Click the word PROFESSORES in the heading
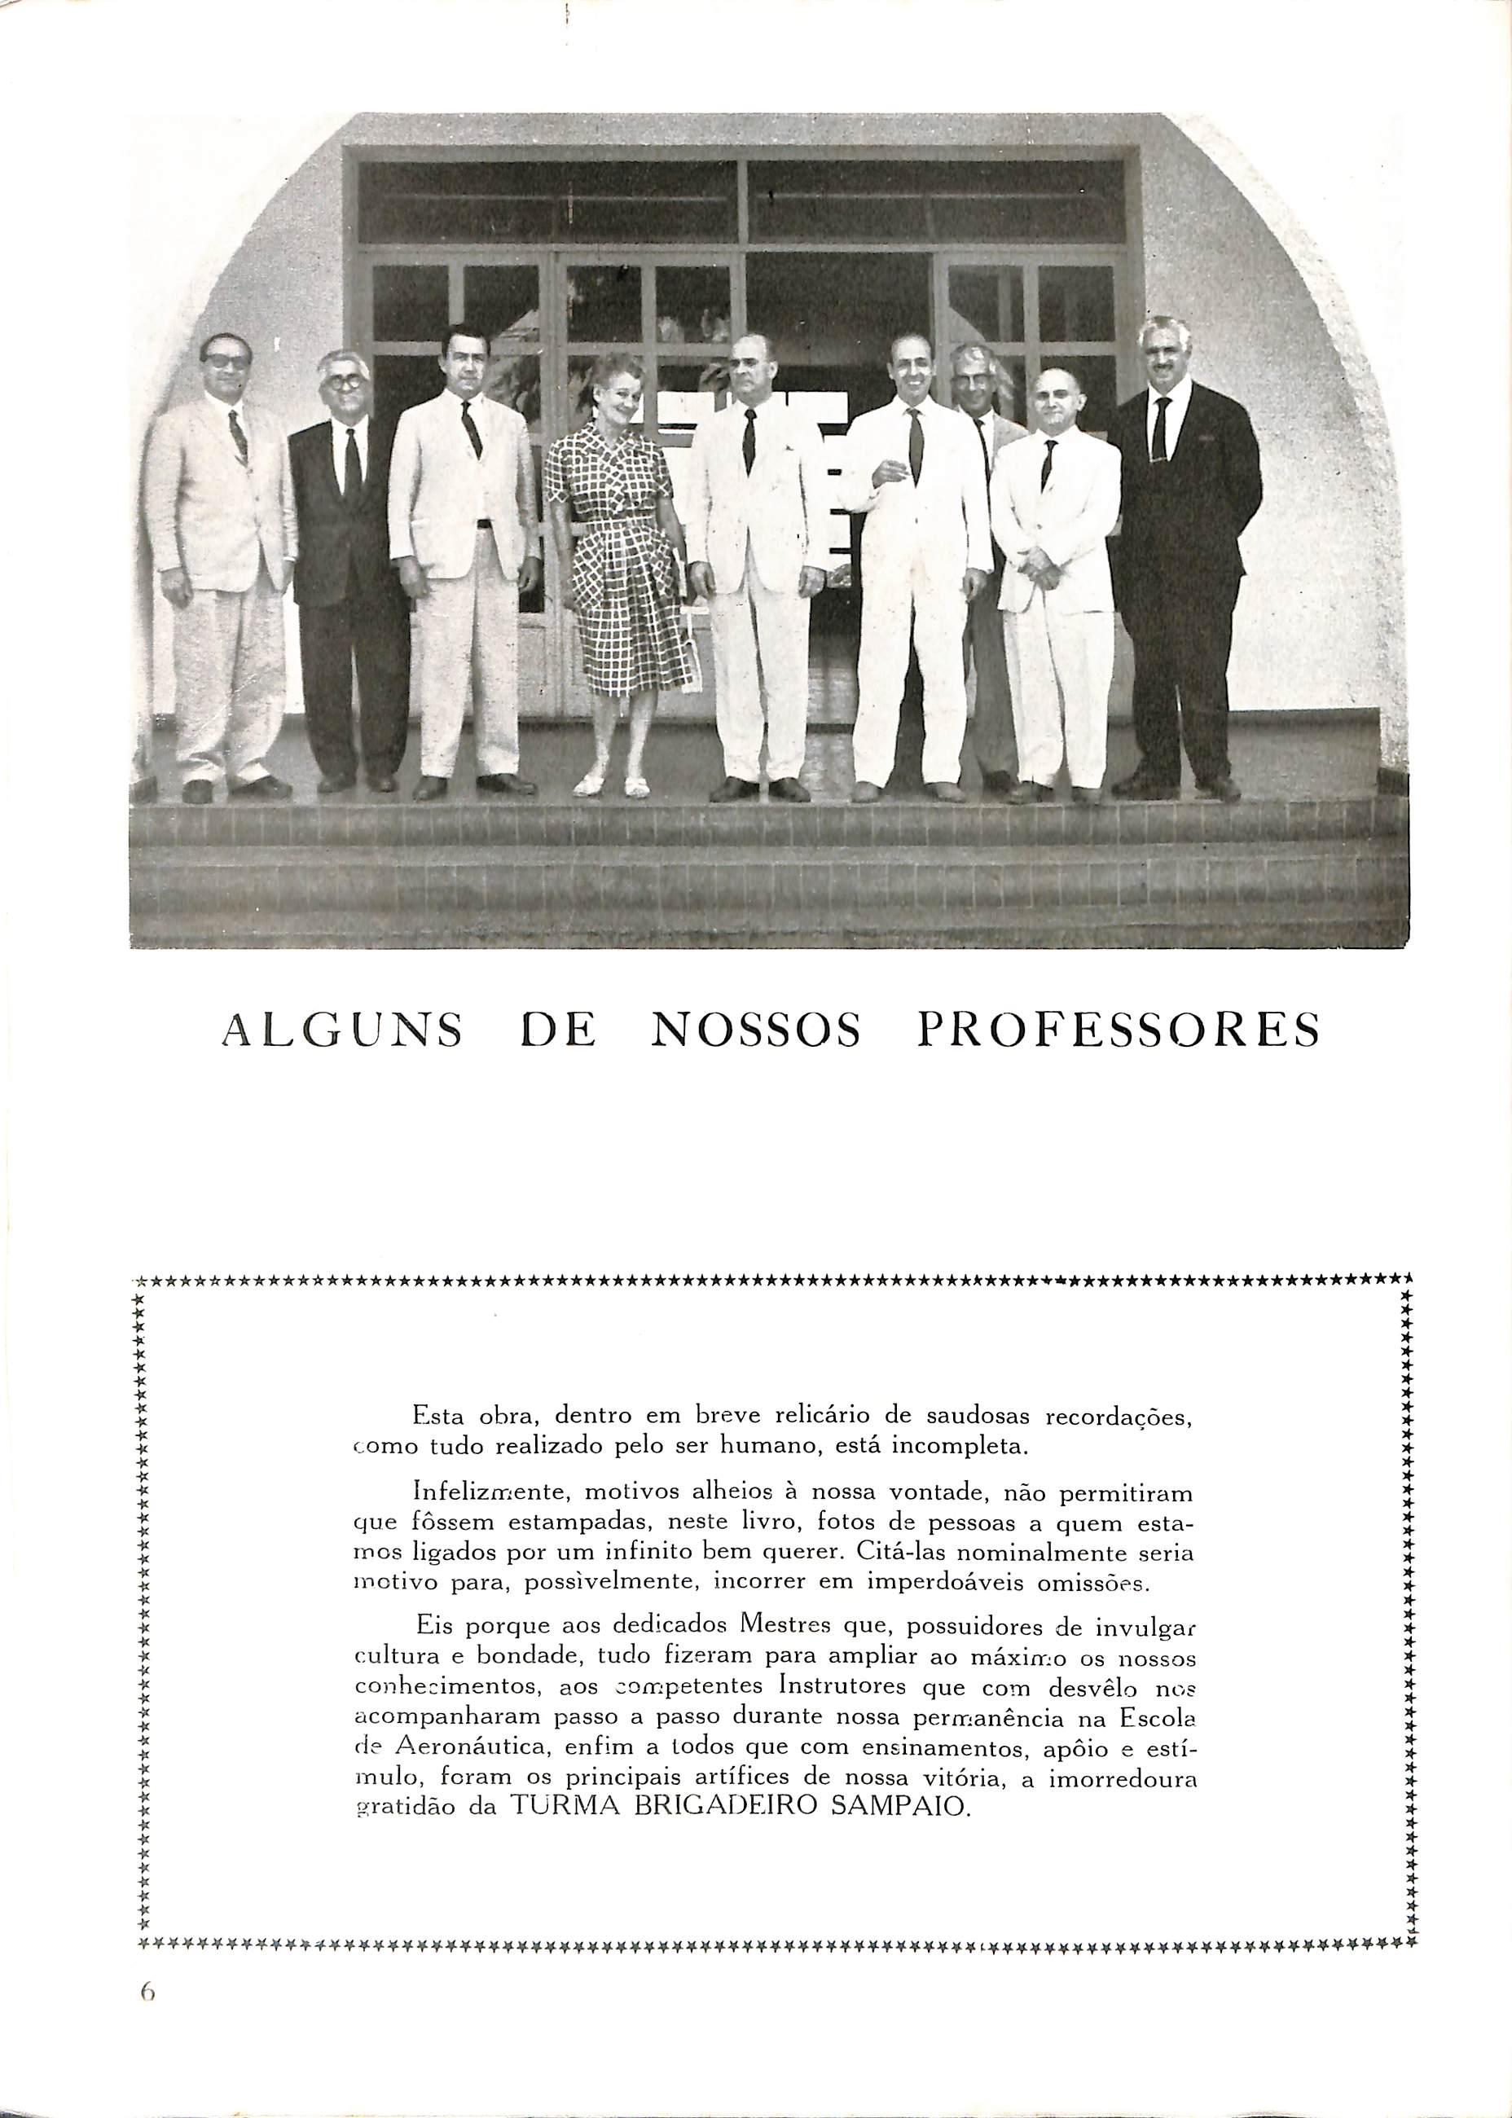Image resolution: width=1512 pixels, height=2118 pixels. coord(1117,1030)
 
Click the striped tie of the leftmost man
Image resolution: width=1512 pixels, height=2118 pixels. coord(239,436)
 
